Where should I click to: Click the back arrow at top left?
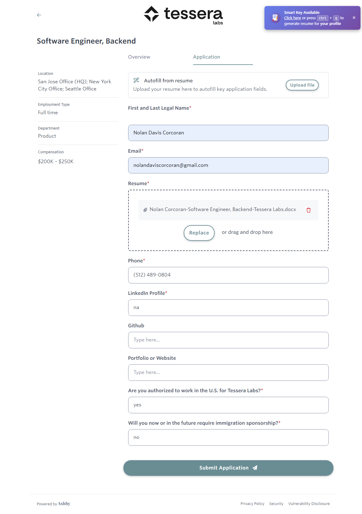39,15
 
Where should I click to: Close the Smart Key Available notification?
354,18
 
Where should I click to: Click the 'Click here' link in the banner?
292,18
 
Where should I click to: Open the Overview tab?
139,57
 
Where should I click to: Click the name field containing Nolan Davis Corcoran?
228,133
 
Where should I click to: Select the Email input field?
228,165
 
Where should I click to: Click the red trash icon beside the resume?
308,210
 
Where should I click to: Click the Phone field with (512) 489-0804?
228,275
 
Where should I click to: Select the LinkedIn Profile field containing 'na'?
228,307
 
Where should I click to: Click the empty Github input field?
228,340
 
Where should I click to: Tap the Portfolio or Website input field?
228,372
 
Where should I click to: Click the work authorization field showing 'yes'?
228,405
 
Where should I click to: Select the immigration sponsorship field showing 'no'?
228,437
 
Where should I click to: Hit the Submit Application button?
228,468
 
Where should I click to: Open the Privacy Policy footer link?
252,504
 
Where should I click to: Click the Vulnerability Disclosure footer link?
309,504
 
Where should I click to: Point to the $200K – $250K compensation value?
56,162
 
